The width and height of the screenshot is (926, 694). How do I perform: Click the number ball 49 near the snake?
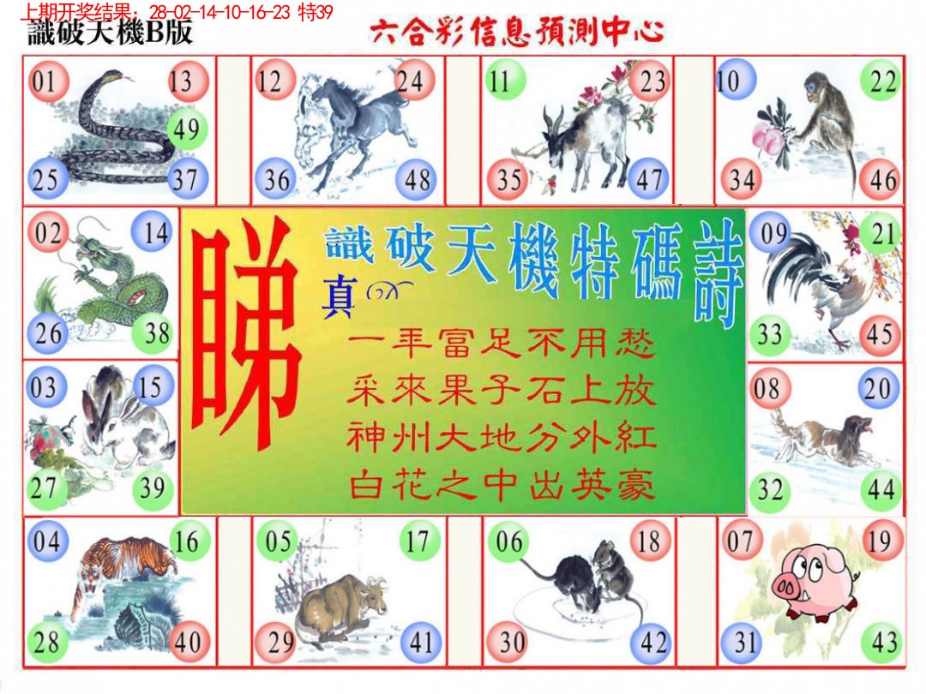tap(185, 129)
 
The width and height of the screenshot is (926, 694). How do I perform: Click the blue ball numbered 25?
tap(45, 180)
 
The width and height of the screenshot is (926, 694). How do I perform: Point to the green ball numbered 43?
tap(882, 643)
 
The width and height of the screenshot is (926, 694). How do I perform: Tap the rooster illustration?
tap(819, 283)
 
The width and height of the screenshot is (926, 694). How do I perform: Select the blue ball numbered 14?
tap(155, 232)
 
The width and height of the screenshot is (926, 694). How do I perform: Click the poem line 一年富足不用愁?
tap(502, 347)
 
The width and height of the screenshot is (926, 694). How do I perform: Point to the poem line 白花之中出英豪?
tap(502, 487)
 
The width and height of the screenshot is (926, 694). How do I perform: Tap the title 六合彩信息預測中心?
tap(517, 33)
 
